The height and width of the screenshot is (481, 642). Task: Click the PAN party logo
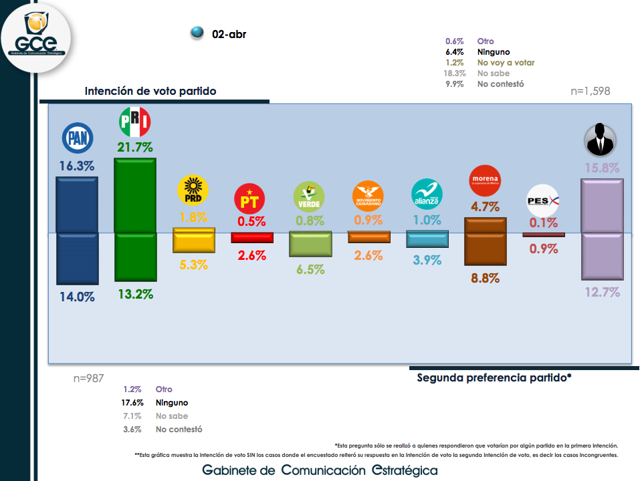77,138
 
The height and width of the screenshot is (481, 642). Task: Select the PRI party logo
134,122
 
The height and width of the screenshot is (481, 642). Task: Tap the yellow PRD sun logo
193,190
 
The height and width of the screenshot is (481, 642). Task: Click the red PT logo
251,198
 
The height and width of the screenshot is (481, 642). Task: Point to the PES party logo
543,200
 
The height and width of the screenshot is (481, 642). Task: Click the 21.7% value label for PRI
135,147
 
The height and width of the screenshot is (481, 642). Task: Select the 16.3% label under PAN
76,166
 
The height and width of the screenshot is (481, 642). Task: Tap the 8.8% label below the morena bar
486,278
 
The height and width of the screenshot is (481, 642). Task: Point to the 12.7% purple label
603,291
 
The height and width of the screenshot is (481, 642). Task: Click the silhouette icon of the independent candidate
601,140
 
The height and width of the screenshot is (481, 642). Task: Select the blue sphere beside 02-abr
197,33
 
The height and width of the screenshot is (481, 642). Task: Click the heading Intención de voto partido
150,91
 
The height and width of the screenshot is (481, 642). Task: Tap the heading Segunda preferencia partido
494,377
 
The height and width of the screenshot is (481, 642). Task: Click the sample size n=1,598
591,91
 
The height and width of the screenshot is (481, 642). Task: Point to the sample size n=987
89,378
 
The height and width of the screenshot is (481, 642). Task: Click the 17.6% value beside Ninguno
133,403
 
